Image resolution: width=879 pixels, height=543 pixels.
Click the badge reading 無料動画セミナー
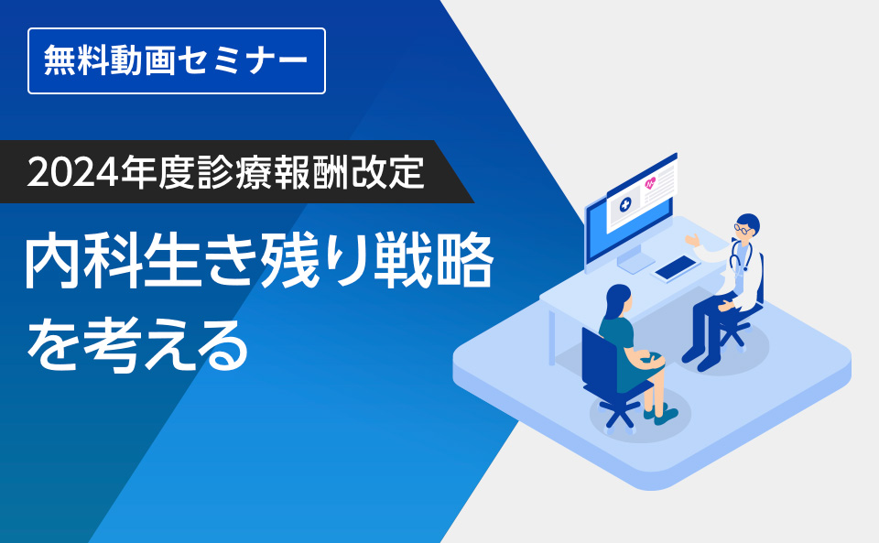[177, 61]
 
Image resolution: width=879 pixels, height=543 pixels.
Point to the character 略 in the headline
[466, 263]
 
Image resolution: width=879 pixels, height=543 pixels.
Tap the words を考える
[137, 346]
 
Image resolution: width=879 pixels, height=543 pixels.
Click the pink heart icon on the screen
[651, 184]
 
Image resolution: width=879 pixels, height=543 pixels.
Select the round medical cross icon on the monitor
[623, 205]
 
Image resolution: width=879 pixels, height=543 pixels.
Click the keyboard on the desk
[676, 266]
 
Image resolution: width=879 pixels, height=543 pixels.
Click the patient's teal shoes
[660, 415]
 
